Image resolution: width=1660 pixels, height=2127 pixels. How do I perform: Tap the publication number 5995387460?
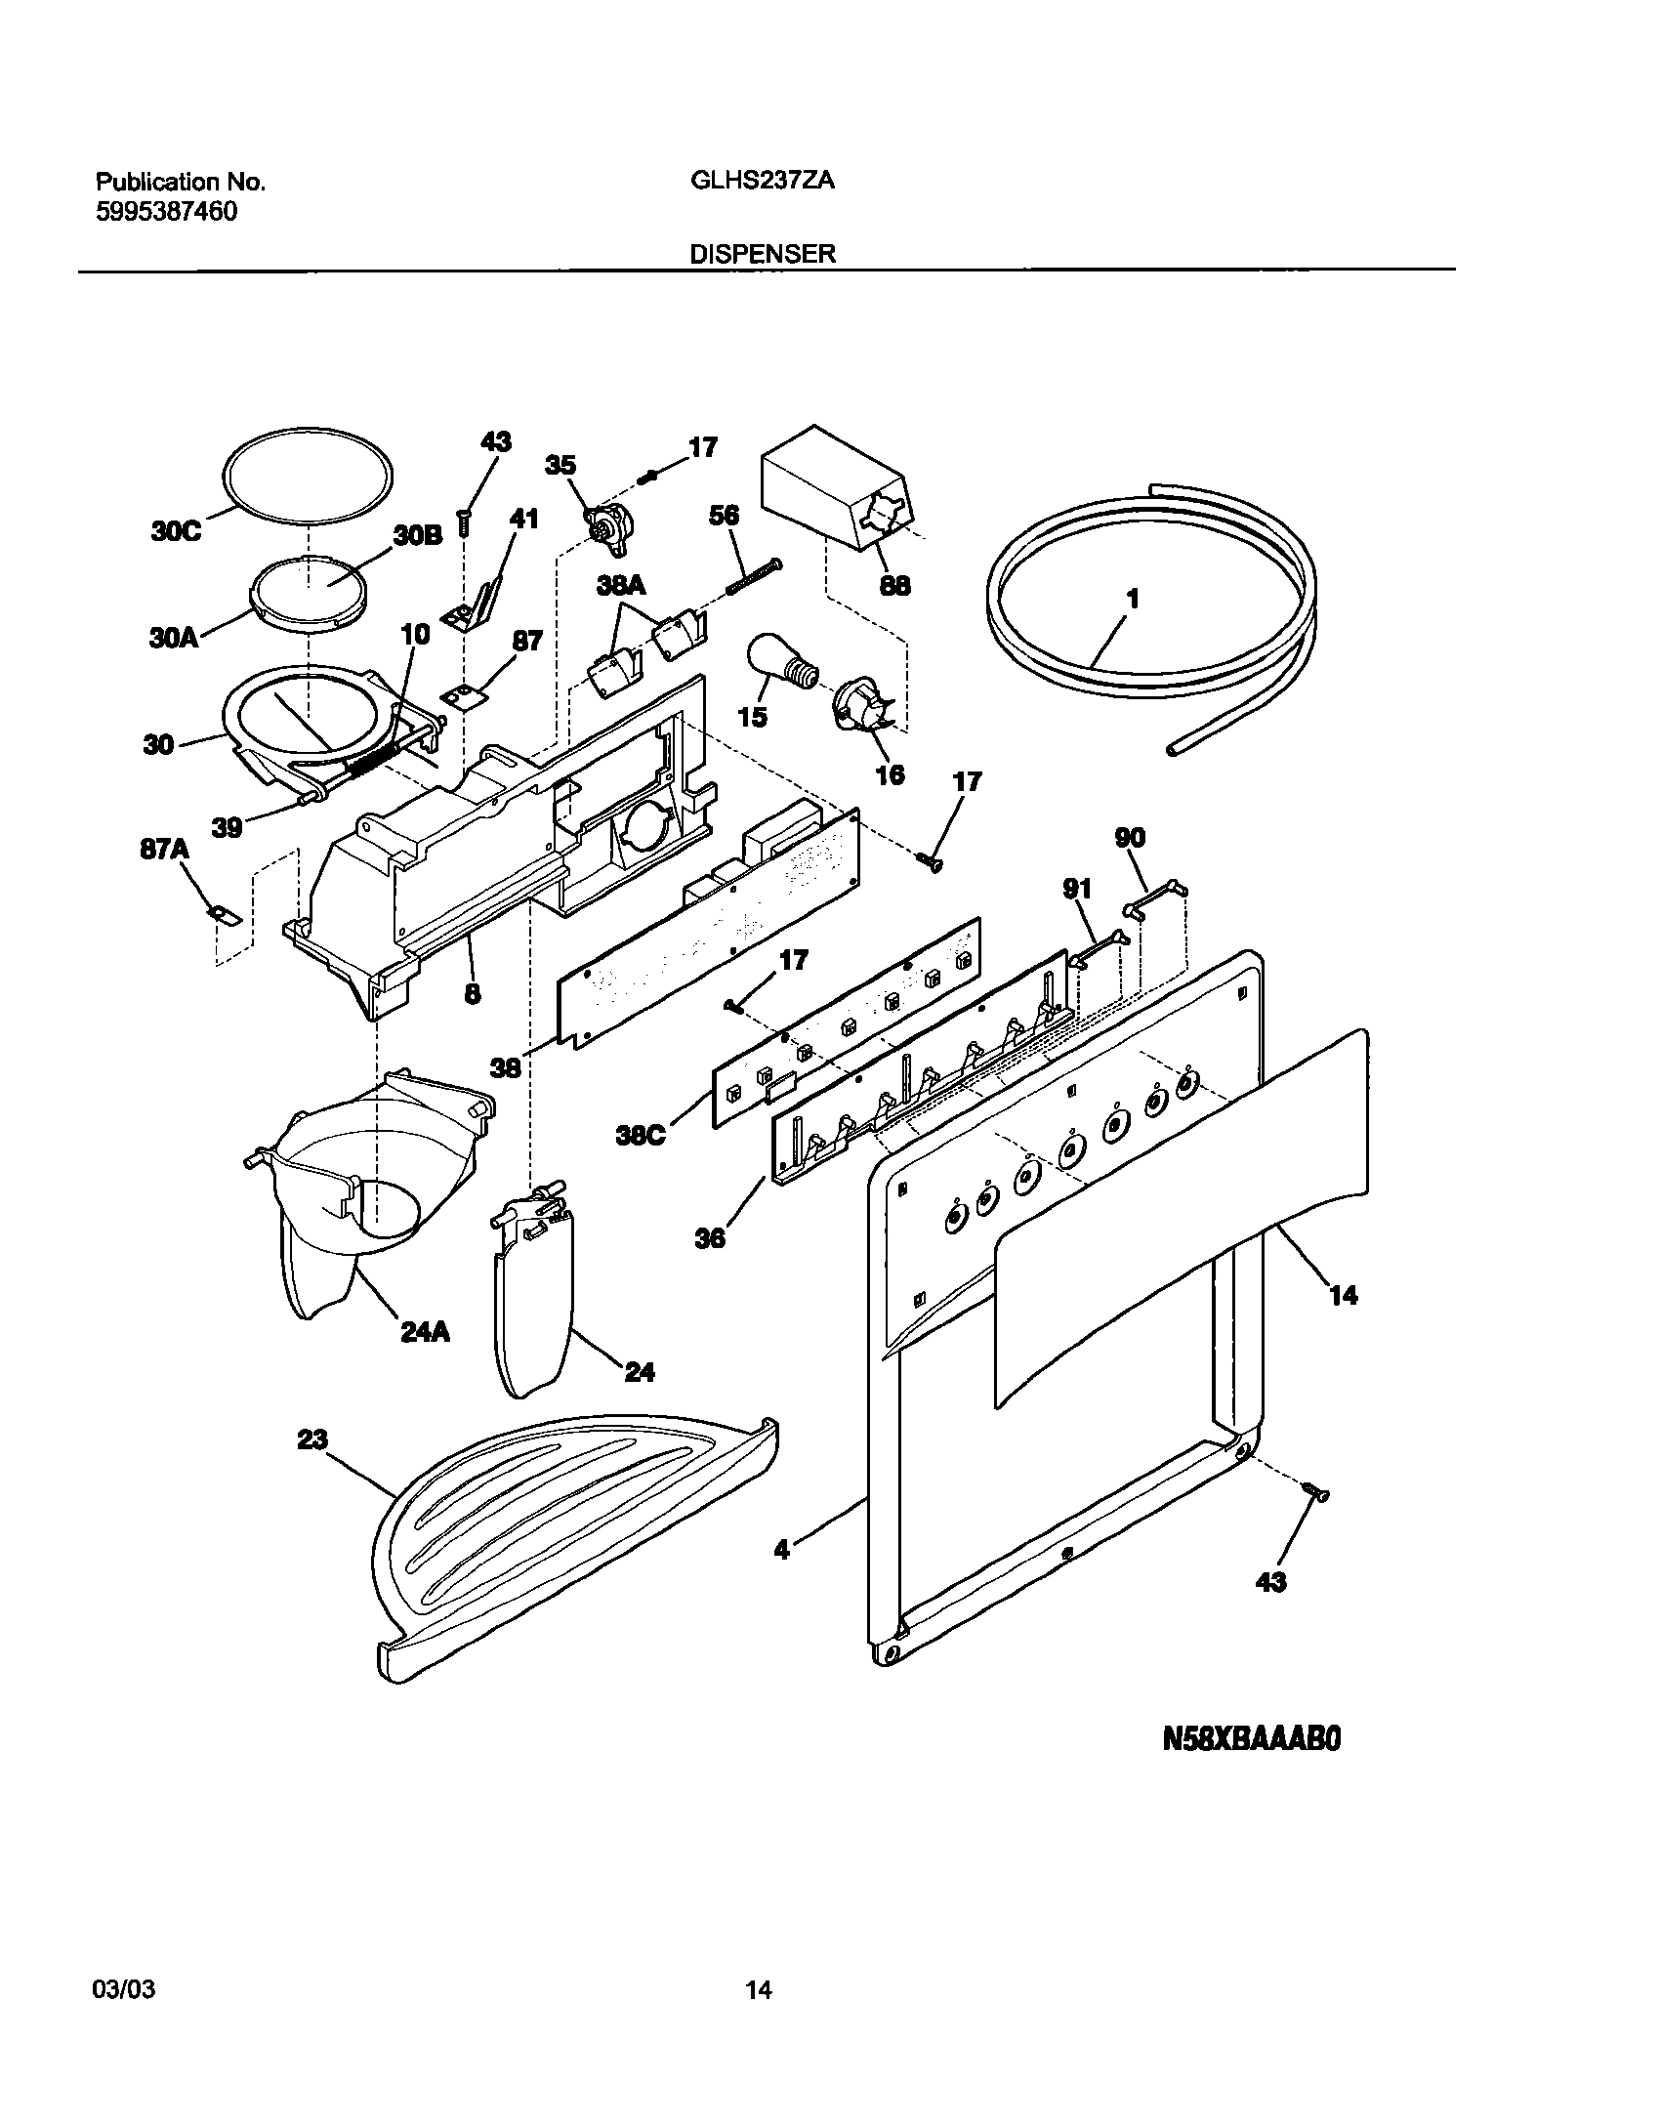pyautogui.click(x=166, y=212)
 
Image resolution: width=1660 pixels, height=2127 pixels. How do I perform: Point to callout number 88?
pyautogui.click(x=894, y=585)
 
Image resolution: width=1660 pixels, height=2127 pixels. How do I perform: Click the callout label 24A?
pyautogui.click(x=425, y=1332)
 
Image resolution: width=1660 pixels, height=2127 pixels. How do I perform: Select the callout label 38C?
pyautogui.click(x=641, y=1135)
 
